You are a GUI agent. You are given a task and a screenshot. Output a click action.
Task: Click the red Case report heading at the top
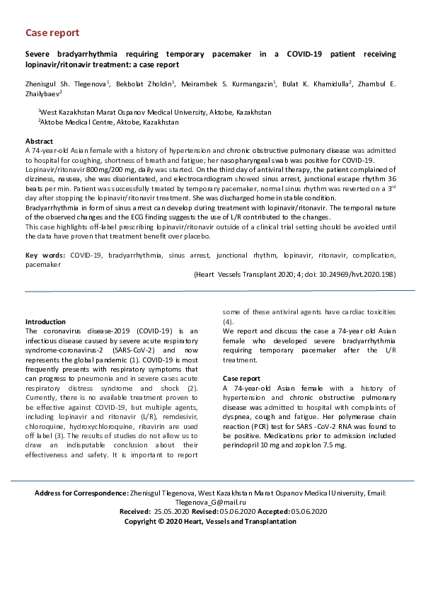click(52, 33)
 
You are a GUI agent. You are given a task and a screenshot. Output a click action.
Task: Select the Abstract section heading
click(40, 142)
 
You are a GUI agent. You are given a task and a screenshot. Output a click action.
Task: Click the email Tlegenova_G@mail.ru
click(210, 501)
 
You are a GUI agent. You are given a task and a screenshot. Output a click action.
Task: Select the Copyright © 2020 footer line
click(210, 521)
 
